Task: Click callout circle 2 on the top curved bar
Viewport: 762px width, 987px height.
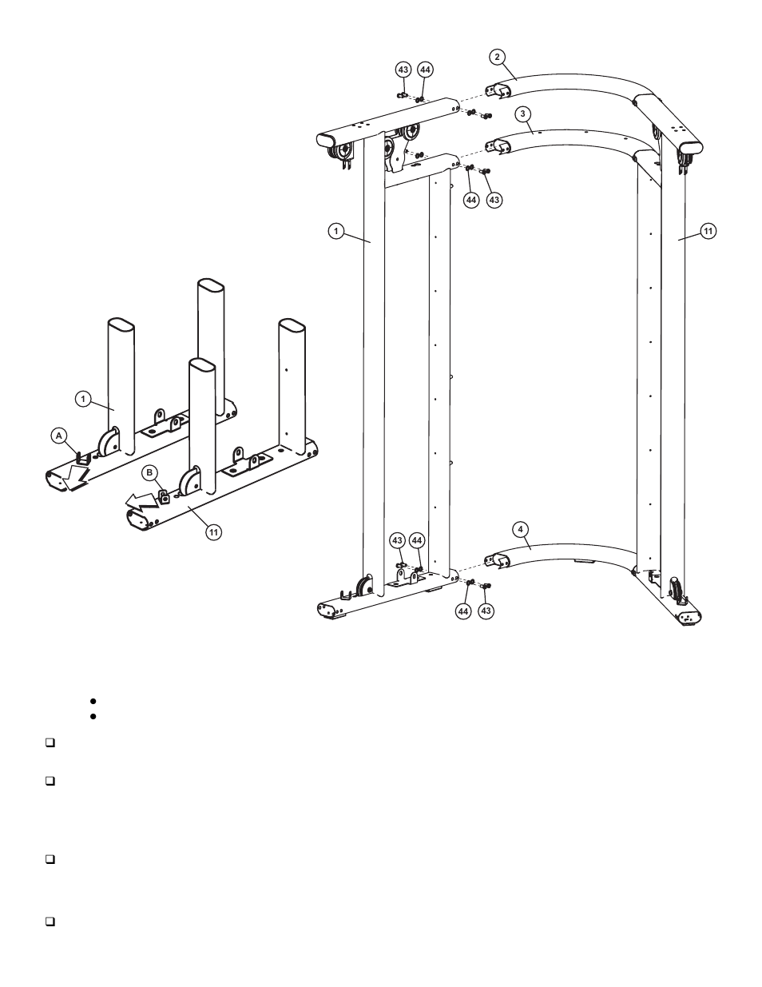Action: [x=497, y=57]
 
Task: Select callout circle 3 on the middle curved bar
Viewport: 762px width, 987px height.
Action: [x=522, y=113]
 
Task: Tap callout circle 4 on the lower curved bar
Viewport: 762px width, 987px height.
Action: [x=520, y=529]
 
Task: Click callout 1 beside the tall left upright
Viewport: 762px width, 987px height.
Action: [x=336, y=231]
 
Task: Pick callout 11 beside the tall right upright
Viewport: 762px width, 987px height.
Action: [x=707, y=231]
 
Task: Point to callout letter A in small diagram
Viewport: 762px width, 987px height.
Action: [x=58, y=436]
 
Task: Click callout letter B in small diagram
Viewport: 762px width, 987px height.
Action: [x=149, y=472]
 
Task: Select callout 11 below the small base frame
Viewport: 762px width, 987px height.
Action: [x=212, y=531]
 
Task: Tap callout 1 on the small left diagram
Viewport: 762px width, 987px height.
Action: [x=82, y=397]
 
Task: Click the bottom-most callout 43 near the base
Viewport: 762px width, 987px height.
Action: [x=486, y=611]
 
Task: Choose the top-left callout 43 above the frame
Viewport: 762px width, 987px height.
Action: [x=403, y=70]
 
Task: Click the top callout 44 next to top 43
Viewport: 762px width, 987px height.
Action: [x=425, y=70]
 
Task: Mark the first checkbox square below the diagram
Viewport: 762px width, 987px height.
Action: [x=50, y=743]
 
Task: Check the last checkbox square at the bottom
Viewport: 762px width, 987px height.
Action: [x=50, y=921]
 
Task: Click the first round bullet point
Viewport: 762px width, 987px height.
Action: [x=93, y=701]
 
